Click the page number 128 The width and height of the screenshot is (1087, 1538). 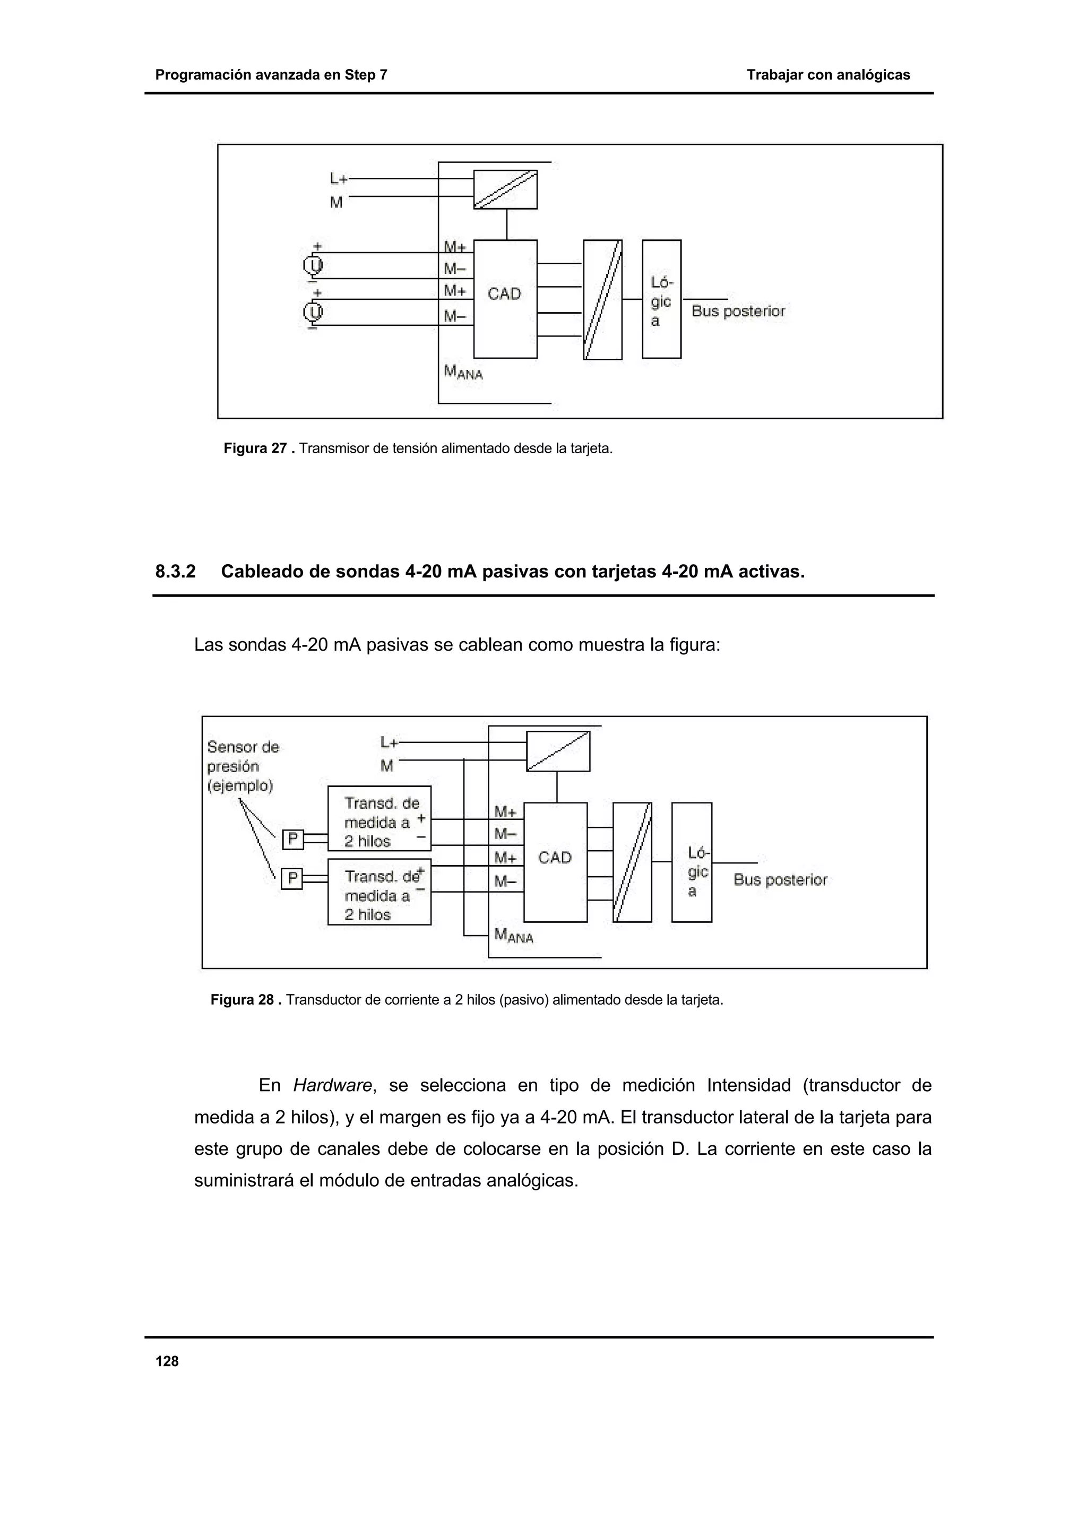(167, 1361)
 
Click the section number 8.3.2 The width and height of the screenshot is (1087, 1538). (176, 572)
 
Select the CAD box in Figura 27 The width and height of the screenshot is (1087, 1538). (505, 298)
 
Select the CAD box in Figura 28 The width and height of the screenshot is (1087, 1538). (555, 861)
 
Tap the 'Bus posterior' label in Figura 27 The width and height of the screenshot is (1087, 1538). (738, 312)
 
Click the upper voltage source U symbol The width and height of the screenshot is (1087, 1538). (313, 266)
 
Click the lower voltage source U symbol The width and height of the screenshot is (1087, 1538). (313, 312)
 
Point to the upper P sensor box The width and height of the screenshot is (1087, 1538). (292, 840)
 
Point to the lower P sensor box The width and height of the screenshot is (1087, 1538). (292, 878)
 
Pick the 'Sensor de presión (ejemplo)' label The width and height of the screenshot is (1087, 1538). (243, 766)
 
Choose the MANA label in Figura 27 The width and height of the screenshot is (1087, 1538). (463, 372)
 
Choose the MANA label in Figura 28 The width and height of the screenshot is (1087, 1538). (513, 935)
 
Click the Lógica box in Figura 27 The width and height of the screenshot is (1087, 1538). (661, 299)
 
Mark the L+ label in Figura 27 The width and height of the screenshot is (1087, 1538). (338, 179)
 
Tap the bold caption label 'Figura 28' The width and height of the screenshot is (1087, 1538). (243, 1000)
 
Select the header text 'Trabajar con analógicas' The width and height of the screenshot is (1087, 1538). (828, 75)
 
